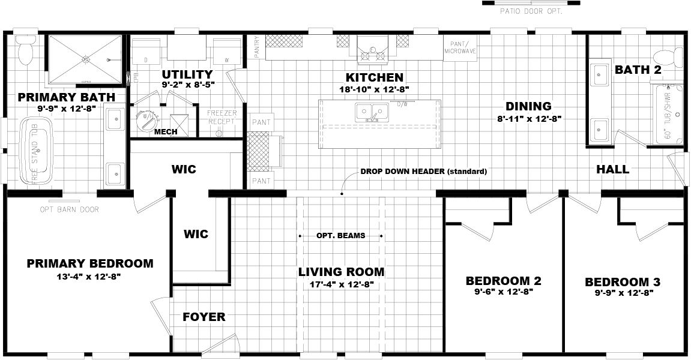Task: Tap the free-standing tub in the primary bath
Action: click(37, 151)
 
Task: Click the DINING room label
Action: click(528, 106)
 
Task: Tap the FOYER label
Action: click(204, 317)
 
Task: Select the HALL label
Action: click(612, 169)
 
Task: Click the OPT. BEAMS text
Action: click(340, 236)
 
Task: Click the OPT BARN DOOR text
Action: click(69, 209)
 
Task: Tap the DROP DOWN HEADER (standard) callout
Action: click(423, 172)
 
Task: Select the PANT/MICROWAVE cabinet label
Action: click(460, 48)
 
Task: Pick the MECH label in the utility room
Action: click(165, 132)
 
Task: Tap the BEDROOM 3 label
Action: click(618, 281)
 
